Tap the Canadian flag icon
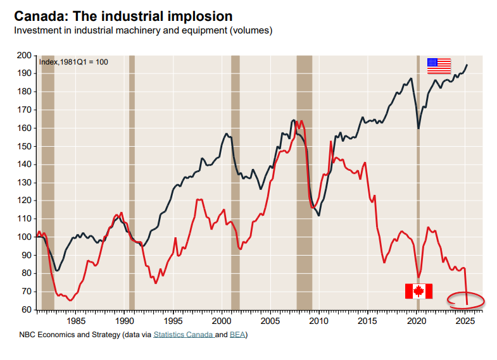coord(418,291)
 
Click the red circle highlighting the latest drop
coord(465,299)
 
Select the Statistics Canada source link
coord(183,334)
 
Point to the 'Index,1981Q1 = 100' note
coord(73,62)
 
